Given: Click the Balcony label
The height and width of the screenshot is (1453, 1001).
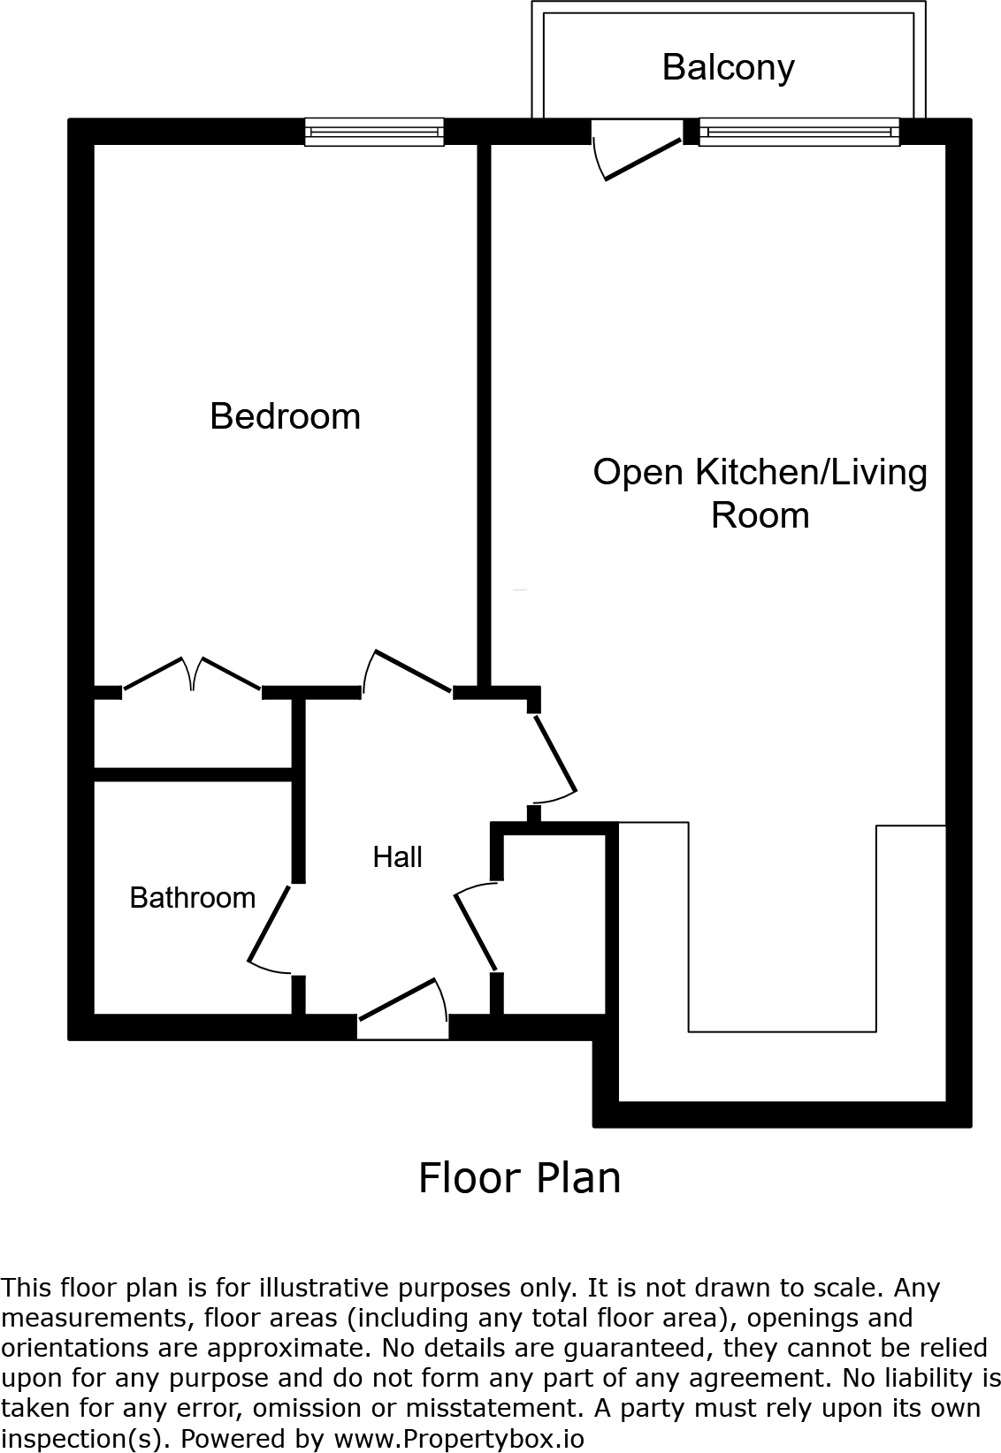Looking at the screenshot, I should click(x=728, y=68).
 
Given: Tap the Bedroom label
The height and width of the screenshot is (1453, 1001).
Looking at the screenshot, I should click(x=285, y=416).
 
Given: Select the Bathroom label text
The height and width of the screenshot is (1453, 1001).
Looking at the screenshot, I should click(x=192, y=898).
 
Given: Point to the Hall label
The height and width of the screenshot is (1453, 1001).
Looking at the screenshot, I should click(x=397, y=856).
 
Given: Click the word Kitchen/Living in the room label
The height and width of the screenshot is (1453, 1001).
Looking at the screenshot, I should click(x=812, y=472).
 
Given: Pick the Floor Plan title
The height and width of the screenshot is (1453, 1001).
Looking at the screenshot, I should click(x=519, y=1177).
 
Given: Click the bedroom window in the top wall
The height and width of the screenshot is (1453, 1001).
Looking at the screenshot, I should click(x=374, y=133).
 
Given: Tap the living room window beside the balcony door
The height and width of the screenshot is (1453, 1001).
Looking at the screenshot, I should click(x=799, y=133).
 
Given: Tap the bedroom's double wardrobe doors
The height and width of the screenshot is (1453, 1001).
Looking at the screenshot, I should click(x=191, y=675).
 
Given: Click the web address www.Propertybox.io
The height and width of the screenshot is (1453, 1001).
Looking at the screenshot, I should click(x=459, y=1438).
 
